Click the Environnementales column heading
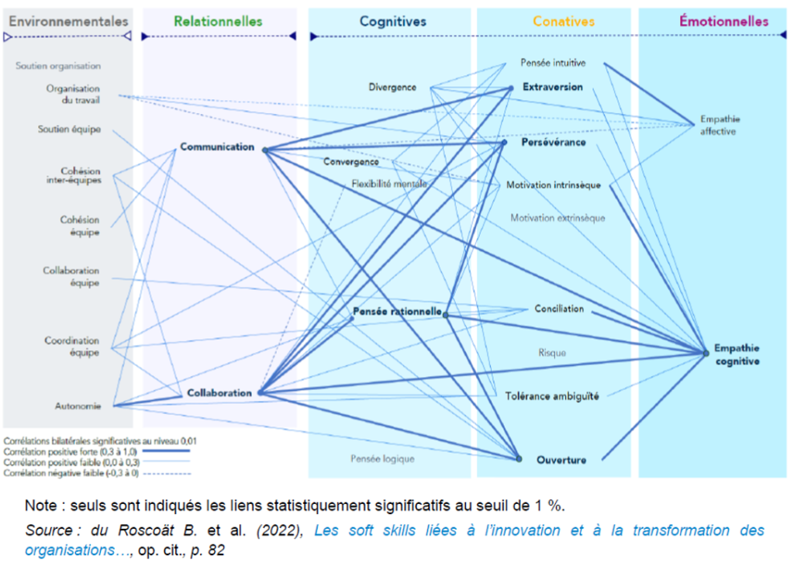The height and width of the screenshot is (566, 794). point(69,21)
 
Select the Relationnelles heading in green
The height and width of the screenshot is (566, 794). point(218,22)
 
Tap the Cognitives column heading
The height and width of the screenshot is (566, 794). point(392,22)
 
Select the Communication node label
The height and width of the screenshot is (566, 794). point(217,147)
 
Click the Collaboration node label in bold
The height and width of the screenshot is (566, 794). point(219,393)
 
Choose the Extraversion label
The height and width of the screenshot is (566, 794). point(553,87)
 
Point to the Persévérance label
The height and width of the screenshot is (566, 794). point(554,143)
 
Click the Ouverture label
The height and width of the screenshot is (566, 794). point(561,460)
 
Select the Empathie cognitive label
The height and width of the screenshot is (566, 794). point(737,355)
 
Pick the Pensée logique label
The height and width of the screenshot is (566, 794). point(382,458)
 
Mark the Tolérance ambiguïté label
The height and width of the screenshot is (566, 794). point(552,395)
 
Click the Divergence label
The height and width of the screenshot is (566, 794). point(392,88)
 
